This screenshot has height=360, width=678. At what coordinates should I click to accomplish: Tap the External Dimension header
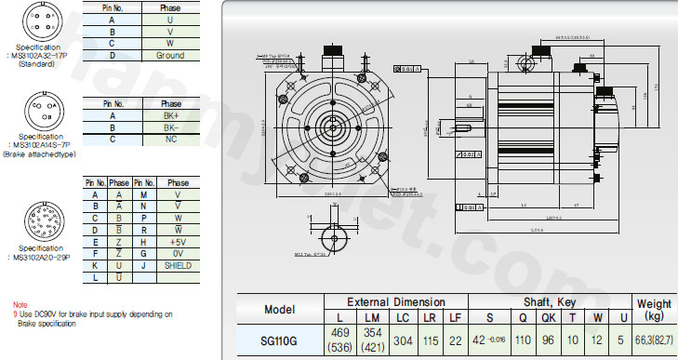396,302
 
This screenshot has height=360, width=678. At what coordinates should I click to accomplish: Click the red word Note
20,304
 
